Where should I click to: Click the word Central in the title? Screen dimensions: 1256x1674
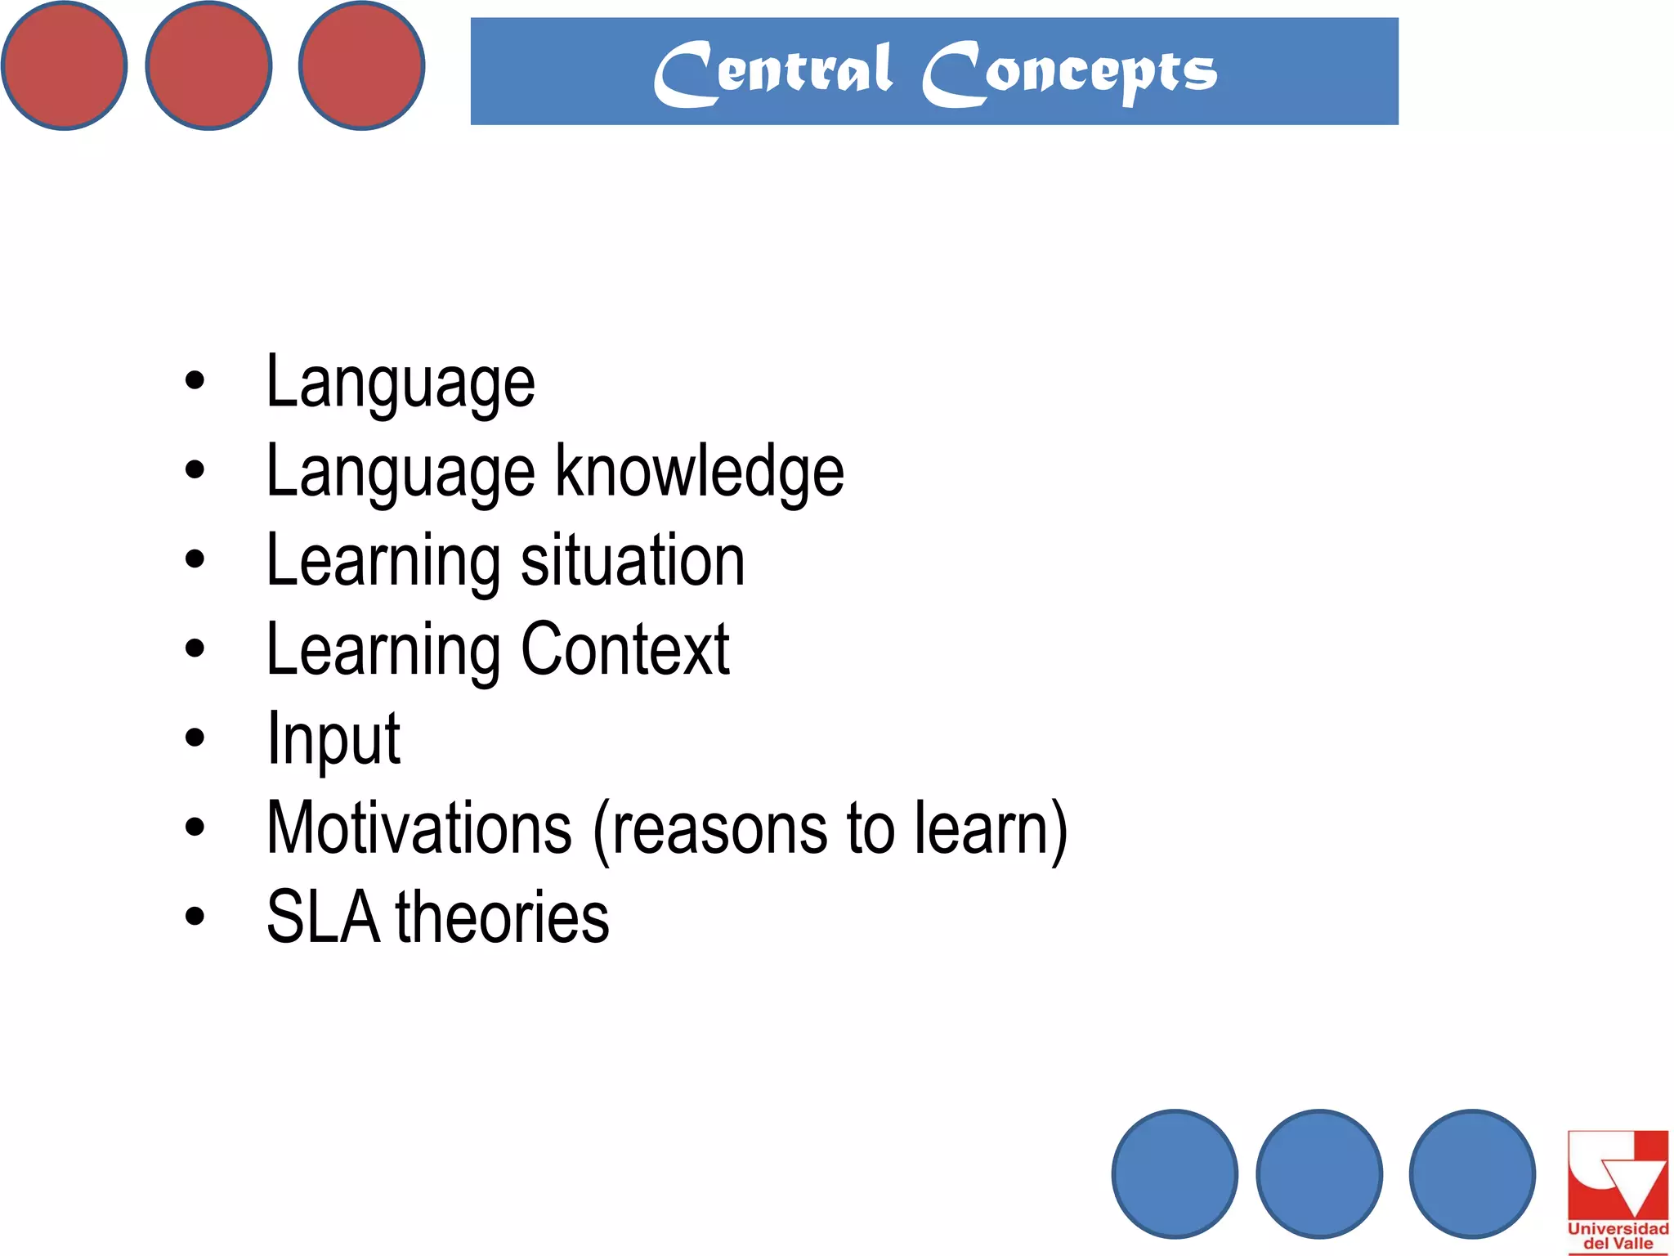tap(772, 72)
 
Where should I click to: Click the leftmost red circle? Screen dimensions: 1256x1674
tap(64, 65)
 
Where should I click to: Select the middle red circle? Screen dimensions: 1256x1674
tap(208, 65)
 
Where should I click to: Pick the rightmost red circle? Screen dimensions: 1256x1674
tap(361, 65)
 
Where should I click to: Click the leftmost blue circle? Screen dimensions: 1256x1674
tap(1175, 1173)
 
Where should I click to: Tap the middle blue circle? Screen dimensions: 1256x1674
tap(1319, 1173)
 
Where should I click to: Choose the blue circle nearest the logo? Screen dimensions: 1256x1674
tap(1472, 1173)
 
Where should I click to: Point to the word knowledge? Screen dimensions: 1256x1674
tap(700, 472)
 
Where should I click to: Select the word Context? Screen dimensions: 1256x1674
tap(625, 649)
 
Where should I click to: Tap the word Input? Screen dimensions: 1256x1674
tap(333, 739)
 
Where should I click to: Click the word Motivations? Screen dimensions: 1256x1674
tap(419, 828)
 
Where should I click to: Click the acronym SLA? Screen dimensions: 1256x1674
tap(324, 917)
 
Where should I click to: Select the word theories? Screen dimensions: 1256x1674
tap(503, 917)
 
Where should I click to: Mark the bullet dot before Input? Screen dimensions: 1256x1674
tap(195, 738)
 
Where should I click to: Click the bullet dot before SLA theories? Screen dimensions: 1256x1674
tap(195, 916)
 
